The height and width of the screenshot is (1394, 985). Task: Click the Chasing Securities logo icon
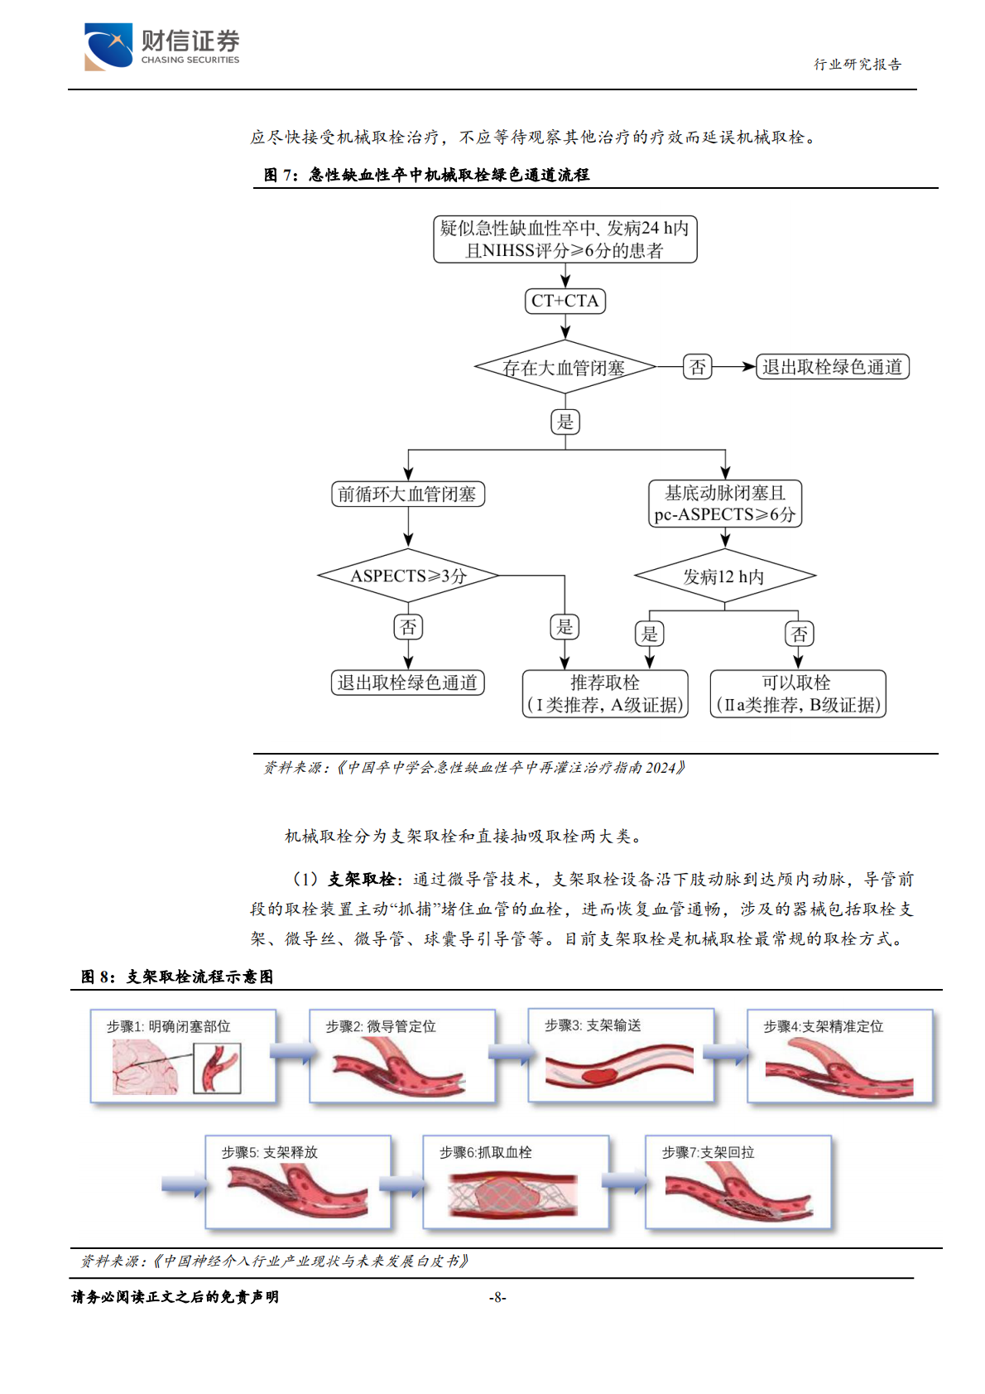click(108, 46)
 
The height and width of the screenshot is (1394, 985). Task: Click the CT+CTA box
click(565, 301)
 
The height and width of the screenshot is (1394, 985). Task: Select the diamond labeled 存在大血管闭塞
click(565, 367)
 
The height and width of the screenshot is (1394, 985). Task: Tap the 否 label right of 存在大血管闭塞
click(698, 366)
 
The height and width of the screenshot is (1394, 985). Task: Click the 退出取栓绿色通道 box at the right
click(832, 367)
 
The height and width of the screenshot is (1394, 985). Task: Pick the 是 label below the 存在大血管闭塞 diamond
click(565, 422)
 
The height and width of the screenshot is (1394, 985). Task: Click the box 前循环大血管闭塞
click(407, 494)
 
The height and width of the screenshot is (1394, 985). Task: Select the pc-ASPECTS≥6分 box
click(724, 504)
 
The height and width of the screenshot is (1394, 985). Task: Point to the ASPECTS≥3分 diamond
click(408, 576)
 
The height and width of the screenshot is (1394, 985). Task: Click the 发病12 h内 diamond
click(724, 576)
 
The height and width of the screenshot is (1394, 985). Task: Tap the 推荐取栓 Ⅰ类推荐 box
click(605, 693)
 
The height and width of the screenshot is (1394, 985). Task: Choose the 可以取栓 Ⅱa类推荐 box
click(797, 693)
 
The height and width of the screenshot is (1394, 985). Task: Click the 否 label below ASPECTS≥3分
click(408, 627)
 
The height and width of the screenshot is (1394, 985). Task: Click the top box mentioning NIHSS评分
click(565, 239)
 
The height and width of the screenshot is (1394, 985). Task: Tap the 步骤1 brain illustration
click(145, 1067)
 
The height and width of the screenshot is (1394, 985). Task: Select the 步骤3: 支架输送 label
click(593, 1025)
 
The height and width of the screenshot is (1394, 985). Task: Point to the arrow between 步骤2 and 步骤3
click(511, 1053)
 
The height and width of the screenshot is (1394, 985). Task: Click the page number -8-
click(497, 1297)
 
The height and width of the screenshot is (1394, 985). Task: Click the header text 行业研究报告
click(858, 65)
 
